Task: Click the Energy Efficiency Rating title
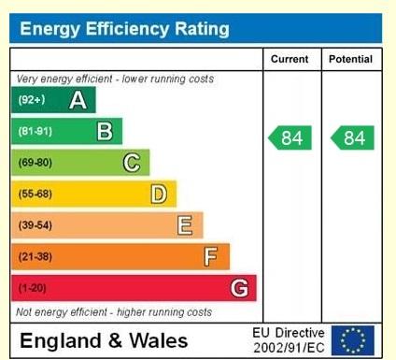[x=124, y=29]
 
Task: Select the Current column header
[x=290, y=59]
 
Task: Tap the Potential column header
[x=350, y=59]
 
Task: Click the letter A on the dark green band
[x=78, y=100]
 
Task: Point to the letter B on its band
[x=105, y=132]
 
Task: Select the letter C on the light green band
[x=132, y=163]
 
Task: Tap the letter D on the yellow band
[x=159, y=194]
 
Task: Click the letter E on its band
[x=185, y=225]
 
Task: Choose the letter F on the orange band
[x=211, y=256]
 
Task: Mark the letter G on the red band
[x=239, y=288]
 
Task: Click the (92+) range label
[x=31, y=100]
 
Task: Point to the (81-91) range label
[x=34, y=132]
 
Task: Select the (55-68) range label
[x=34, y=194]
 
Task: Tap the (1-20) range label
[x=31, y=288]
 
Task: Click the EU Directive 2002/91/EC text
[x=289, y=340]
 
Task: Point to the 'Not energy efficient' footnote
[x=113, y=311]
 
